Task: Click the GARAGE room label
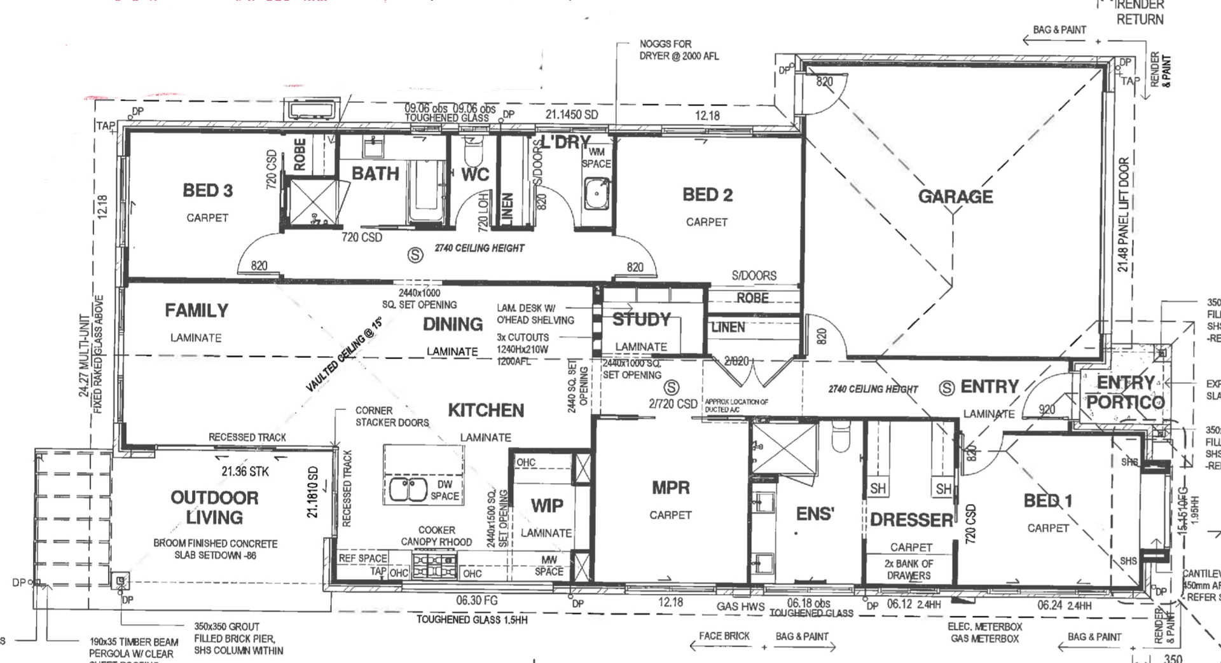(955, 196)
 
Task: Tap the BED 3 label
(207, 190)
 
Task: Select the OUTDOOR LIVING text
(214, 507)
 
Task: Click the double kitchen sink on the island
(408, 489)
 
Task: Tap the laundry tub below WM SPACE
(597, 193)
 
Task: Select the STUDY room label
(641, 319)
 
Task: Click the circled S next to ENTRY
(947, 387)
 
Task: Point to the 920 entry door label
(1047, 409)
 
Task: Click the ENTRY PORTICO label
(1124, 392)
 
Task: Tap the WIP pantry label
(547, 505)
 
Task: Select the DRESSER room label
(911, 520)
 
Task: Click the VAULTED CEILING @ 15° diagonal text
(343, 355)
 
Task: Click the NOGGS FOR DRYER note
(679, 50)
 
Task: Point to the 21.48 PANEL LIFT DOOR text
(1123, 214)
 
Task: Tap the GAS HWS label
(740, 606)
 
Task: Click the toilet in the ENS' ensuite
(839, 437)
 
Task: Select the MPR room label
(670, 488)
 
